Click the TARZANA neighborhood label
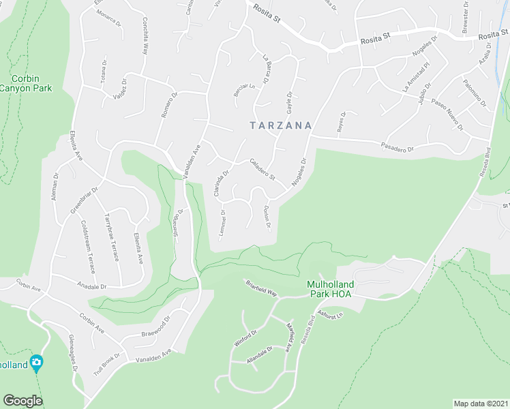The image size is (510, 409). tap(280, 126)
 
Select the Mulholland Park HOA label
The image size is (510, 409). tap(322, 290)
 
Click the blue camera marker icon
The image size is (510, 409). tap(36, 363)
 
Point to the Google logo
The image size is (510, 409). tap(22, 401)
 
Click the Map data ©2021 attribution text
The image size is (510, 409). tap(480, 404)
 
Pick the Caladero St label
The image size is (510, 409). tap(262, 170)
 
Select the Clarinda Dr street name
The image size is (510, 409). tap(218, 184)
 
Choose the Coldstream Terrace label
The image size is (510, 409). tap(87, 241)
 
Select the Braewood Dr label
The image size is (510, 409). tap(155, 327)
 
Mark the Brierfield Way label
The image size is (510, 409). tap(262, 288)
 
